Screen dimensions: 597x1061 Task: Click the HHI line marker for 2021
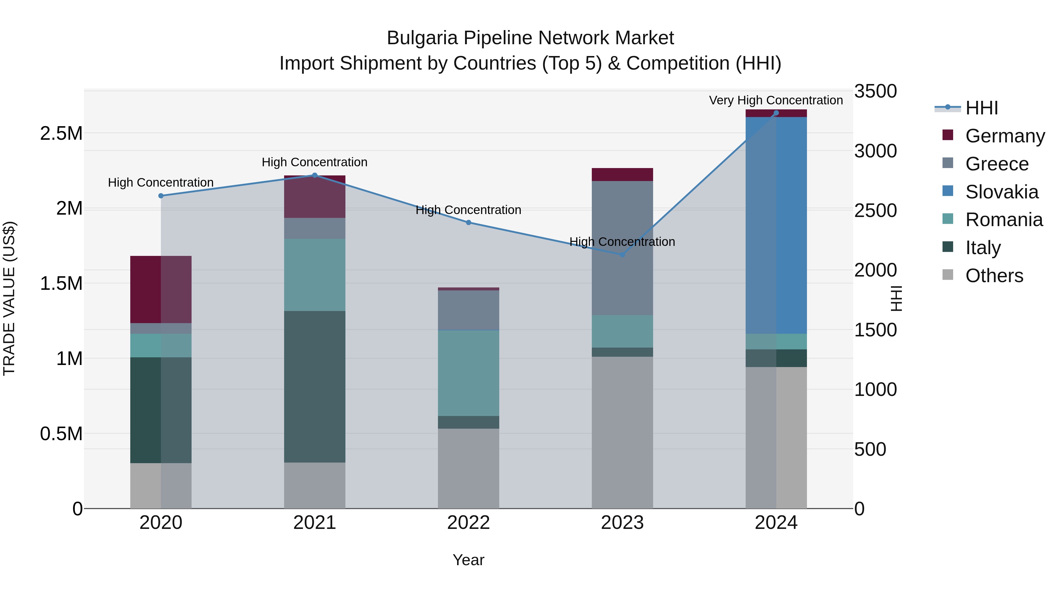point(315,175)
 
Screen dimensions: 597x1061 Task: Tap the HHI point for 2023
point(622,255)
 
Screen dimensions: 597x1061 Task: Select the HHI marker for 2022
point(468,223)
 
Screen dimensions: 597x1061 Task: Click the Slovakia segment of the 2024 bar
point(776,225)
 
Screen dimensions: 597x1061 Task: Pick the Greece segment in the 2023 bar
point(622,248)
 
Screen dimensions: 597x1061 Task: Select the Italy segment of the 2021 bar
point(315,387)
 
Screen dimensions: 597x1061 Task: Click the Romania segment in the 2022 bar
point(468,373)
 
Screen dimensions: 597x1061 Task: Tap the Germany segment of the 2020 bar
point(161,289)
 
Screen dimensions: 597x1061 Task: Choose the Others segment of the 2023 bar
point(622,432)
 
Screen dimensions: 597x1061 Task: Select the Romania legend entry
point(1004,220)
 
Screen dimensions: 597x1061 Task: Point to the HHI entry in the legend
point(981,108)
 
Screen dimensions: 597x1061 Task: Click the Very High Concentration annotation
point(776,100)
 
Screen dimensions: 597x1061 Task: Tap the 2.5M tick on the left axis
point(61,134)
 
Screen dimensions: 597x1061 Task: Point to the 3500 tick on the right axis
point(875,91)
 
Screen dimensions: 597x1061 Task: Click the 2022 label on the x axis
point(468,523)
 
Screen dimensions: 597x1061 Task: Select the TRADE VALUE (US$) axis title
point(9,298)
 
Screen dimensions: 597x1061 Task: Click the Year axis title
point(468,560)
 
